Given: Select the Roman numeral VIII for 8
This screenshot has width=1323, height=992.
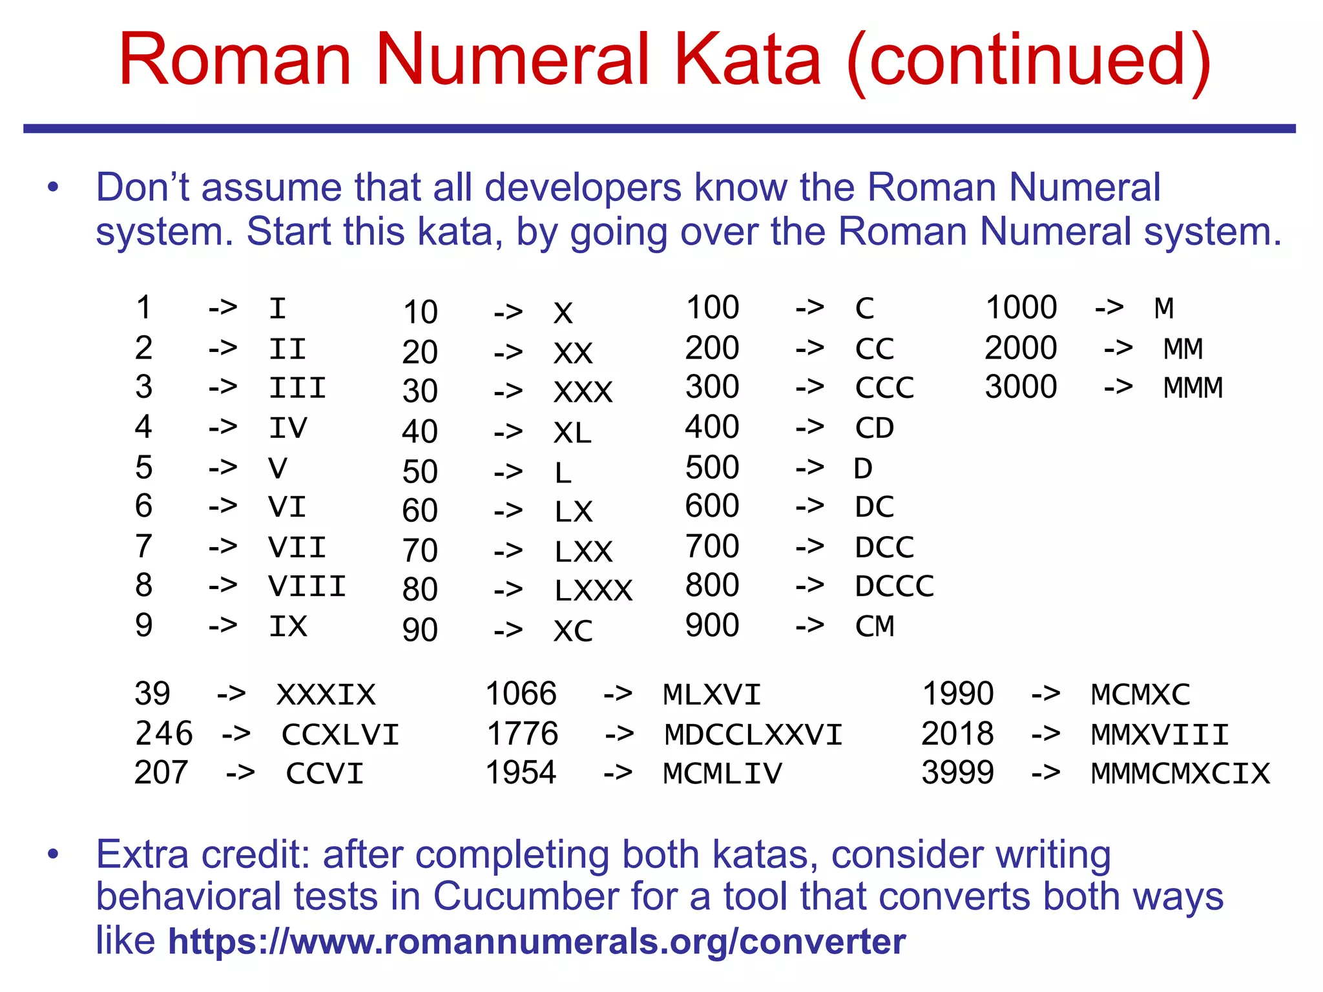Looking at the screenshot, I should pos(307,586).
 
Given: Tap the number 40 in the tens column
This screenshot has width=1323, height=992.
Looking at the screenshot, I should pos(420,431).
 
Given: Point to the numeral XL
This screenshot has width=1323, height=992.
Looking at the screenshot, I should pos(572,433).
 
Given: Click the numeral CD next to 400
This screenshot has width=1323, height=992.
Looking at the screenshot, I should pos(875,428).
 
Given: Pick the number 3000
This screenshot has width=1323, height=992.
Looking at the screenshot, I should pos(1021,387).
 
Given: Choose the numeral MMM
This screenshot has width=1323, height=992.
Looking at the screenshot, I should pos(1193,388).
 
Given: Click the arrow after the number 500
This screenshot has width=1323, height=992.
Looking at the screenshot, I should pos(809,468).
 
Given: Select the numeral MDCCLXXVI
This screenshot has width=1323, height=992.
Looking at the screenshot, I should pos(753,735).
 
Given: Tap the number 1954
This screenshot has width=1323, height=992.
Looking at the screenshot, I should pos(521,773).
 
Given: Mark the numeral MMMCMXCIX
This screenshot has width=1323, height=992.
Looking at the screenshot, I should pos(1180,774).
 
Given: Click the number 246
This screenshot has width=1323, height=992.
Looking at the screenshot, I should pos(164,734).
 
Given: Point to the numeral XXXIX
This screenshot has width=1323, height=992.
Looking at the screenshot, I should pos(326,695).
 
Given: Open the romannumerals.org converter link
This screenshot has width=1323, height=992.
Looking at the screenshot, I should pos(537,942).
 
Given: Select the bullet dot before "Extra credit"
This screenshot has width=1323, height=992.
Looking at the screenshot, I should pos(53,855).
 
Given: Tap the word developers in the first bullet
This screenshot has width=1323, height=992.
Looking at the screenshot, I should pos(583,188).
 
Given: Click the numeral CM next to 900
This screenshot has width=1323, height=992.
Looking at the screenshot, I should pos(875,626).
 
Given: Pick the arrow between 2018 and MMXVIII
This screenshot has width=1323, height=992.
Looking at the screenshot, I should pos(1045,734).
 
